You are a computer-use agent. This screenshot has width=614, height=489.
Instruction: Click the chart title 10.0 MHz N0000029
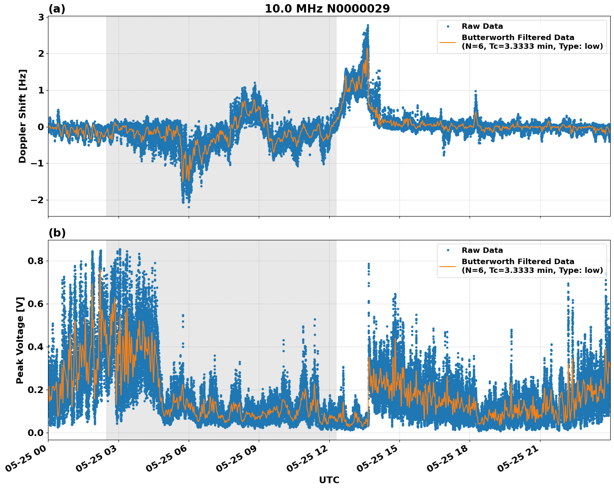pyautogui.click(x=327, y=9)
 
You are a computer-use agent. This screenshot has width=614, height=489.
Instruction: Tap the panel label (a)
pyautogui.click(x=57, y=9)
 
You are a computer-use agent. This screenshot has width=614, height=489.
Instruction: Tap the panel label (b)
pyautogui.click(x=57, y=233)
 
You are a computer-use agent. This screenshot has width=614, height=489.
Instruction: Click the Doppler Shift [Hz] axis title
pyautogui.click(x=23, y=116)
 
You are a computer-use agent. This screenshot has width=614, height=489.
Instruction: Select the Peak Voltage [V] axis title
pyautogui.click(x=20, y=340)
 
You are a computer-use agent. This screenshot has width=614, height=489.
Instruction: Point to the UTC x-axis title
pyautogui.click(x=329, y=480)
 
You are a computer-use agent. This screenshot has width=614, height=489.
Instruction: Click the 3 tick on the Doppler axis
pyautogui.click(x=41, y=17)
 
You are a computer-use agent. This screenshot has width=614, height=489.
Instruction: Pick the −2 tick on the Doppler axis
pyautogui.click(x=37, y=200)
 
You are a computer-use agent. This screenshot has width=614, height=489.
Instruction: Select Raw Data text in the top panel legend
pyautogui.click(x=482, y=26)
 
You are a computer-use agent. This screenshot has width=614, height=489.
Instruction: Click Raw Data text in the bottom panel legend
pyautogui.click(x=482, y=250)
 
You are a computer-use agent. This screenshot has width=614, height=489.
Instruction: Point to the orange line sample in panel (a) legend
pyautogui.click(x=448, y=42)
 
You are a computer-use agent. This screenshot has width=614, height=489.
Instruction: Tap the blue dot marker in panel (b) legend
pyautogui.click(x=448, y=250)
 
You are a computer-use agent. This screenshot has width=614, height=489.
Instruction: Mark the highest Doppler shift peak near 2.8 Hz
pyautogui.click(x=368, y=25)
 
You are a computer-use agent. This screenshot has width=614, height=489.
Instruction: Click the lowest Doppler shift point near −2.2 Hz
pyautogui.click(x=189, y=207)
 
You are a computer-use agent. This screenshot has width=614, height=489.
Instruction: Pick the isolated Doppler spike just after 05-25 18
pyautogui.click(x=475, y=91)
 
